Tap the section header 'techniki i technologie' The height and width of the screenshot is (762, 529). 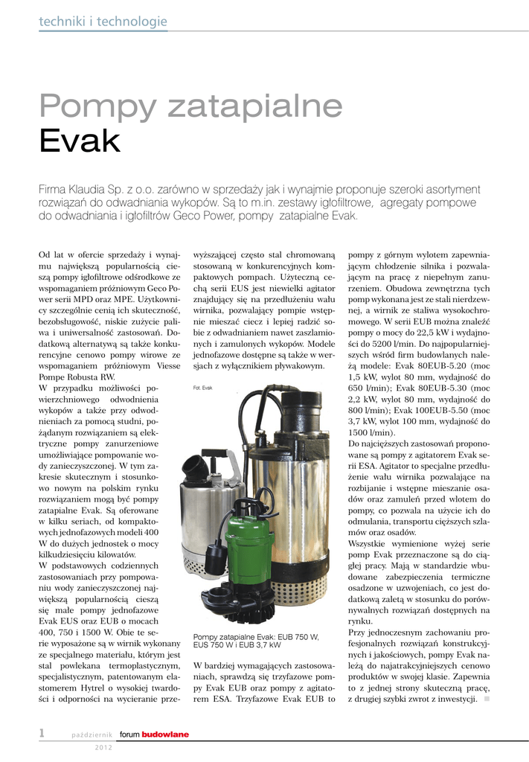103,22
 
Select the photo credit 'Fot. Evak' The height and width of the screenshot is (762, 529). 203,388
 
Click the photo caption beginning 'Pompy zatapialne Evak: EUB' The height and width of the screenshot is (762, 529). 256,641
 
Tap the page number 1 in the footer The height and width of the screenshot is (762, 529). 43,734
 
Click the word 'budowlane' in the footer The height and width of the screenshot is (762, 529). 165,735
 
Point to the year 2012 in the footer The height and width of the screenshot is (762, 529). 103,747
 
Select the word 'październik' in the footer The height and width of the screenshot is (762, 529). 92,735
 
